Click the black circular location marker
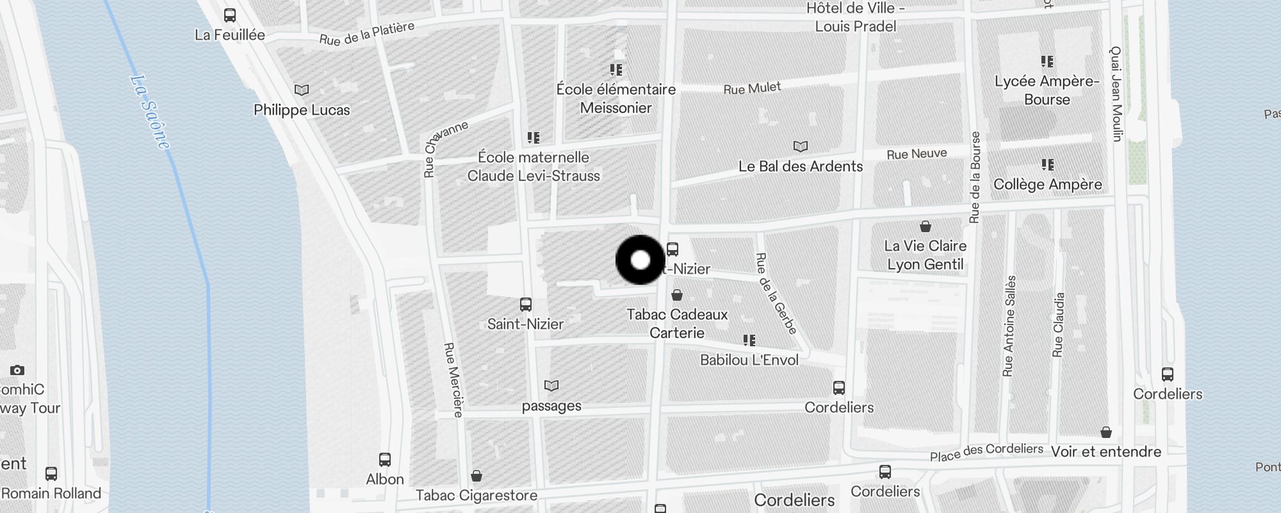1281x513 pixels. pyautogui.click(x=640, y=260)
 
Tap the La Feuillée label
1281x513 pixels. pyautogui.click(x=229, y=35)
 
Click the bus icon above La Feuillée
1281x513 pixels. pyautogui.click(x=229, y=15)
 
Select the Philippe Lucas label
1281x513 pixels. pyautogui.click(x=302, y=110)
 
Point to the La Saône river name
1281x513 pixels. pyautogui.click(x=151, y=113)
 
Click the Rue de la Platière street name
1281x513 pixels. pyautogui.click(x=367, y=34)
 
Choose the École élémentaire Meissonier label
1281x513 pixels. pyautogui.click(x=616, y=99)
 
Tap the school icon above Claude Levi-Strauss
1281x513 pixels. pyautogui.click(x=534, y=138)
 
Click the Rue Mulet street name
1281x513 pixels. pyautogui.click(x=752, y=88)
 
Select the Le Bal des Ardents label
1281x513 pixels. pyautogui.click(x=801, y=167)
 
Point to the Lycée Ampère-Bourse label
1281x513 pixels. pyautogui.click(x=1047, y=90)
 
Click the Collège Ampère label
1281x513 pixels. pyautogui.click(x=1047, y=185)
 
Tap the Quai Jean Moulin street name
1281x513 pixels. pyautogui.click(x=1116, y=94)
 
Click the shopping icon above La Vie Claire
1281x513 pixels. pyautogui.click(x=925, y=226)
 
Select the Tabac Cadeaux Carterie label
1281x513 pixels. pyautogui.click(x=677, y=323)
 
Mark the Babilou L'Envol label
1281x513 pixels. pyautogui.click(x=749, y=360)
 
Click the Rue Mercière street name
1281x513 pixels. pyautogui.click(x=453, y=380)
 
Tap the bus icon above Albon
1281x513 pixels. pyautogui.click(x=385, y=460)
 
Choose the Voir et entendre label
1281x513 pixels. pyautogui.click(x=1106, y=451)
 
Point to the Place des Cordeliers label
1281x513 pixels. pyautogui.click(x=986, y=452)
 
